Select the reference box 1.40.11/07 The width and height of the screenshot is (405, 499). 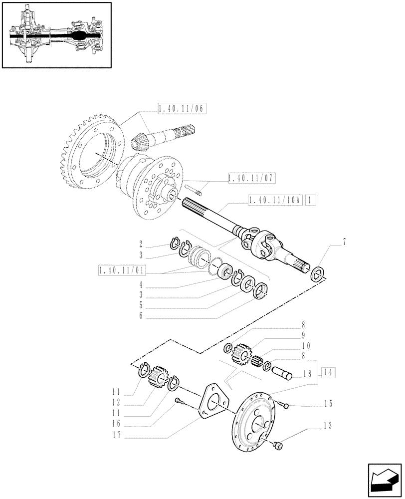(251, 178)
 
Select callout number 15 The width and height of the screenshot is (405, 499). (328, 403)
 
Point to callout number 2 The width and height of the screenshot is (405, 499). (141, 245)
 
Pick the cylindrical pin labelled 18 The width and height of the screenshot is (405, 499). (283, 373)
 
